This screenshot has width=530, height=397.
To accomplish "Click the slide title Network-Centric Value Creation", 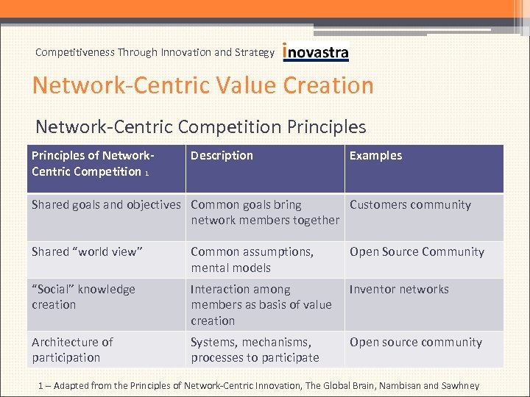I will [x=203, y=85].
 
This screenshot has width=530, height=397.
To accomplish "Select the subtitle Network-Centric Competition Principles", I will [x=200, y=126].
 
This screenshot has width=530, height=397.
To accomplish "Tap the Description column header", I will [x=222, y=155].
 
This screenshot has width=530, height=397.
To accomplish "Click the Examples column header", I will [x=375, y=155].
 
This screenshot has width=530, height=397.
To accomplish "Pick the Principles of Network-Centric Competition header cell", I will [x=92, y=163].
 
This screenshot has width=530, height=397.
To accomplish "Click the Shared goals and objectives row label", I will [x=106, y=205].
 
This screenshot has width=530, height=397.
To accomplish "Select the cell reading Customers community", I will [x=410, y=205].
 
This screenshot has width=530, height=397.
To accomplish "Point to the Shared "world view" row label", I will [x=87, y=251].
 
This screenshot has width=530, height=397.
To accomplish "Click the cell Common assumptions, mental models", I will [x=252, y=260].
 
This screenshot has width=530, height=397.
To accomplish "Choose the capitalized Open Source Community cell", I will [x=417, y=251].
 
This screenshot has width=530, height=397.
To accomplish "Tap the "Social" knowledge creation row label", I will [x=83, y=297].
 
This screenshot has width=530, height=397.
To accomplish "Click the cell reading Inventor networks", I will [x=399, y=290].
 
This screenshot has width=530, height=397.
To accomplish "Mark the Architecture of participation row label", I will [x=72, y=350].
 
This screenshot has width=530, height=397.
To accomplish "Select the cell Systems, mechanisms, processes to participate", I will [x=255, y=350].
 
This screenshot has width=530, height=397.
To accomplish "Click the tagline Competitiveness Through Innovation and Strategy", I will [x=155, y=52].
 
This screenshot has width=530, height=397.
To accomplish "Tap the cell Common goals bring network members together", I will [x=265, y=212].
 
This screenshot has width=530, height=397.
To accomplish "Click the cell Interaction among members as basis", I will [x=261, y=305].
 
